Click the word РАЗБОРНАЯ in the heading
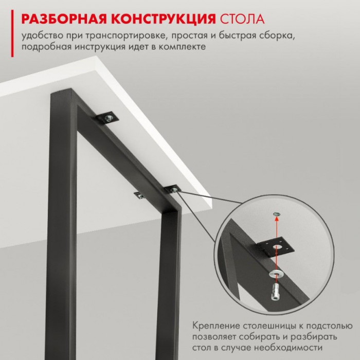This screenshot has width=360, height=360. click(64, 19)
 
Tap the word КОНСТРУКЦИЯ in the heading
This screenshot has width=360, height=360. click(164, 19)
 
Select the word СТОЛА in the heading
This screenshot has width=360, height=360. click(242, 19)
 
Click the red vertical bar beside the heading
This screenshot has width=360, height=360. click(12, 33)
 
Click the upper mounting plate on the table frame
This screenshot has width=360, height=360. click(107, 118)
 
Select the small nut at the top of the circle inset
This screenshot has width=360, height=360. click(276, 214)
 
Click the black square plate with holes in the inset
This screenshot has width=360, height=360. click(276, 247)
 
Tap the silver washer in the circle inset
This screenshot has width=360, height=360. click(277, 274)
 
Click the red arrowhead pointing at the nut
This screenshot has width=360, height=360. click(277, 219)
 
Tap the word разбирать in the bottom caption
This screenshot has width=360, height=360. click(314, 337)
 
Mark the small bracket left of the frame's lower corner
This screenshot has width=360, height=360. click(139, 195)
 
